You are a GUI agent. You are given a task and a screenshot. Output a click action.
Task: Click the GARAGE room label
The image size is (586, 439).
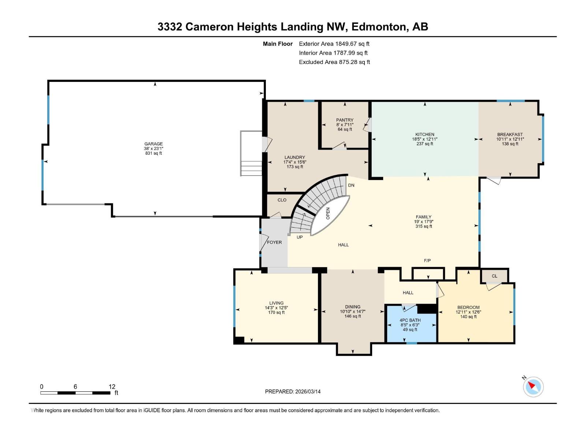click(x=153, y=144)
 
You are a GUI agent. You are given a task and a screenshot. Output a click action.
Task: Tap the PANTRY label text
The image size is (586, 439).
click(x=345, y=120)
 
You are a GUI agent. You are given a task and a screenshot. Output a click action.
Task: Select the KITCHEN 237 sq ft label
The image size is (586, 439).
click(x=424, y=144)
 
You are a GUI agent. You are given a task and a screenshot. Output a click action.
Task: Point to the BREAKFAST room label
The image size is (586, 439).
click(x=510, y=134)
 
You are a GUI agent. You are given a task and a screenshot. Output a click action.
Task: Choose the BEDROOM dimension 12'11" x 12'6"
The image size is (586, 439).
click(x=468, y=312)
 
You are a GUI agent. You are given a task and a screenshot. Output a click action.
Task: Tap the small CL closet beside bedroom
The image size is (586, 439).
click(x=494, y=276)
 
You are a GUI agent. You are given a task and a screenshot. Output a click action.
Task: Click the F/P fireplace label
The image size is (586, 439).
click(x=427, y=260)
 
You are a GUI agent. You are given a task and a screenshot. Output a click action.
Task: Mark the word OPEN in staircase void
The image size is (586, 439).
click(x=328, y=213)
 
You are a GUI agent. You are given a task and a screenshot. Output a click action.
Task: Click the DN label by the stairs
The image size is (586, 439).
click(x=351, y=185)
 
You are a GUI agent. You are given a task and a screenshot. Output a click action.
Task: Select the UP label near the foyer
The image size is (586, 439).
click(x=300, y=237)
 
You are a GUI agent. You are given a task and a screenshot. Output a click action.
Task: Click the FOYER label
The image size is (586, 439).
click(x=274, y=243)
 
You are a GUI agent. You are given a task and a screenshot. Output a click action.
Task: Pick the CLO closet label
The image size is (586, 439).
click(x=282, y=200)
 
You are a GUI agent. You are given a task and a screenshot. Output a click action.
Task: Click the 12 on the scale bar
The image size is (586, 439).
click(x=112, y=387)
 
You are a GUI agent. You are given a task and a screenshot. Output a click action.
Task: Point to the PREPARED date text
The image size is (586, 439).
click(x=293, y=391)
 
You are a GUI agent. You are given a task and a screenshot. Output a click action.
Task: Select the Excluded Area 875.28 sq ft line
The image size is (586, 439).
click(x=334, y=62)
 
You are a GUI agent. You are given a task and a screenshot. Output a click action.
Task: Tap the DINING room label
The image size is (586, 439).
click(x=352, y=307)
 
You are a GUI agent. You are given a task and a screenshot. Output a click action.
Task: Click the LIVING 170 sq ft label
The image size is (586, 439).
click(x=276, y=312)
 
